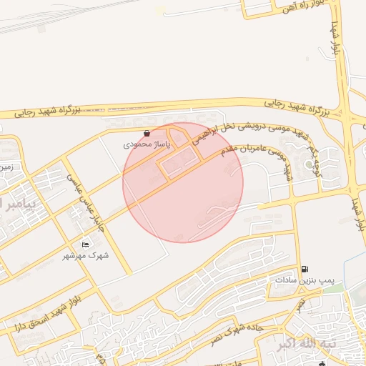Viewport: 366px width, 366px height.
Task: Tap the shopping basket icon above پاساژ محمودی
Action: point(147,133)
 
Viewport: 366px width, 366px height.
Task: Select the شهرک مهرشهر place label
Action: point(86,255)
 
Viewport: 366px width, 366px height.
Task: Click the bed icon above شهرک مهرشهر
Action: point(86,245)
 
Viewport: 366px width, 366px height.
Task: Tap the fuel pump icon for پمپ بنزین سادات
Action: point(306,269)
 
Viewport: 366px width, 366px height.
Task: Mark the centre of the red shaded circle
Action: point(183,182)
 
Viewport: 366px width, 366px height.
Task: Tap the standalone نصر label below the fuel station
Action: point(301,305)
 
